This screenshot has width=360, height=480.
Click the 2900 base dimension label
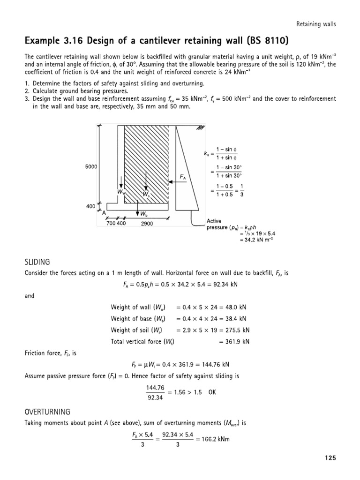point(147,224)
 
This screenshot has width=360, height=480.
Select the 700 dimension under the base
point(112,224)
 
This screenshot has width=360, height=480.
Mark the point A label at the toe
point(104,212)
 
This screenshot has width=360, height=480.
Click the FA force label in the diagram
point(183,177)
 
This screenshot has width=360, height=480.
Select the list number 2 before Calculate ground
point(27,91)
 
